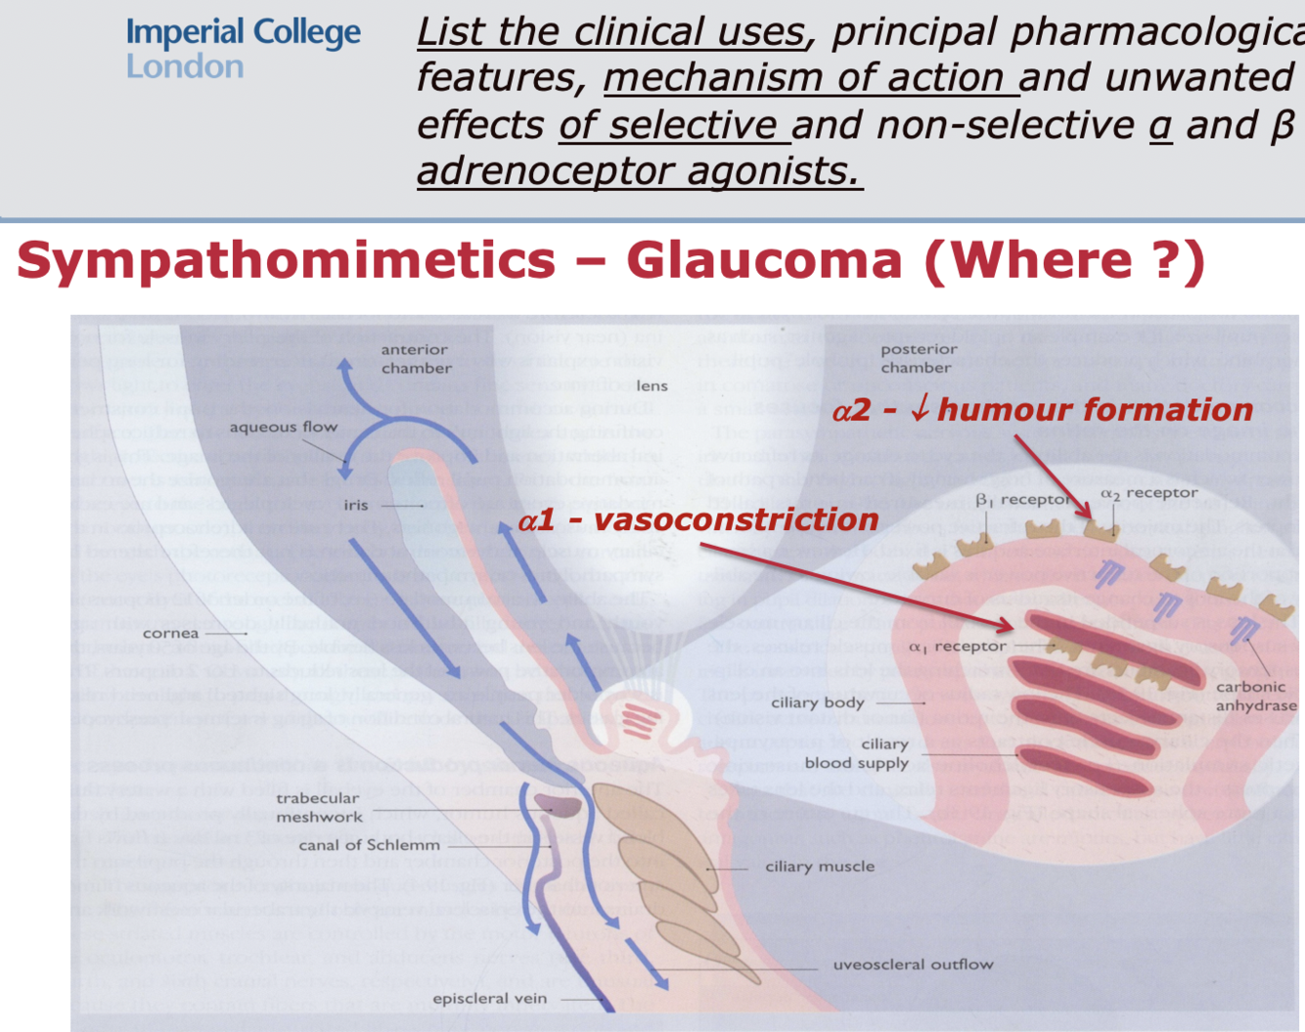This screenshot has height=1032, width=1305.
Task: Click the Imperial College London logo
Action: click(x=243, y=48)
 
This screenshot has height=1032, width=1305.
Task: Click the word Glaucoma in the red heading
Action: click(x=764, y=261)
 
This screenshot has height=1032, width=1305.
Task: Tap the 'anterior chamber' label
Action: click(x=416, y=359)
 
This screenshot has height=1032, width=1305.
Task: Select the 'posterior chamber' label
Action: click(x=918, y=358)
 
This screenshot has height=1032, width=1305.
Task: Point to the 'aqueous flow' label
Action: click(x=283, y=427)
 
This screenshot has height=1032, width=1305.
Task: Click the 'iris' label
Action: click(x=356, y=505)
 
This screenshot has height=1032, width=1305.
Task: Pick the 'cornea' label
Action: click(x=170, y=633)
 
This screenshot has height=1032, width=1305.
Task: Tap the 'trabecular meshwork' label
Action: click(x=319, y=808)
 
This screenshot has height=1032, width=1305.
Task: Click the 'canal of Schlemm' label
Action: click(x=369, y=845)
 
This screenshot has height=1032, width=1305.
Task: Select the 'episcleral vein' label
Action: click(x=489, y=999)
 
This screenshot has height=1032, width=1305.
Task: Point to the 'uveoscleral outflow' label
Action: click(x=913, y=965)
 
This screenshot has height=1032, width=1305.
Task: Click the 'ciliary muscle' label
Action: click(x=820, y=867)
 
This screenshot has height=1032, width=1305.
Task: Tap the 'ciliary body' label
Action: click(x=817, y=702)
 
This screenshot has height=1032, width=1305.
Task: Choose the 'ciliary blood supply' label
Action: click(x=858, y=753)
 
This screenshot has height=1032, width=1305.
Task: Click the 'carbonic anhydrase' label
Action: click(x=1255, y=695)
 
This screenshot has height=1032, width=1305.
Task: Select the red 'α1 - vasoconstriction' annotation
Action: click(x=698, y=520)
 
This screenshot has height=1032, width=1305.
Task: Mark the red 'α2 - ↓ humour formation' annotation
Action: click(x=1042, y=410)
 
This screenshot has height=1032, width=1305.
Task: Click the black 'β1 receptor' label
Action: click(x=1023, y=500)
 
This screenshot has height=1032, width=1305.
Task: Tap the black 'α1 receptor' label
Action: click(x=957, y=647)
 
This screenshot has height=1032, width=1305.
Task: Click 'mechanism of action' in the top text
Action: click(x=810, y=78)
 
